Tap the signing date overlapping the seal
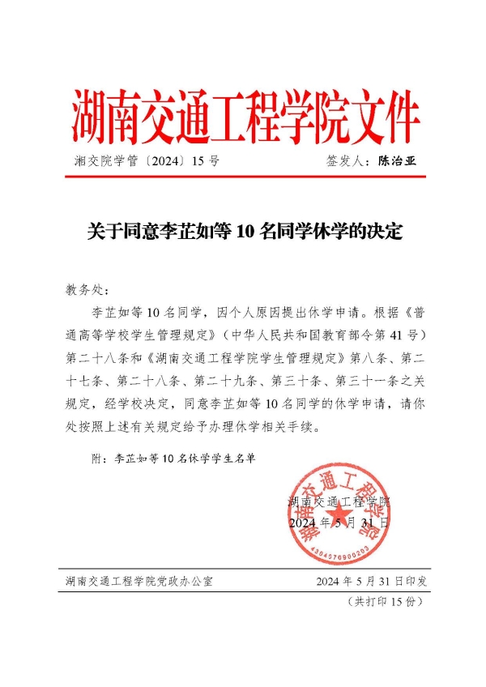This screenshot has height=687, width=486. click(x=339, y=523)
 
